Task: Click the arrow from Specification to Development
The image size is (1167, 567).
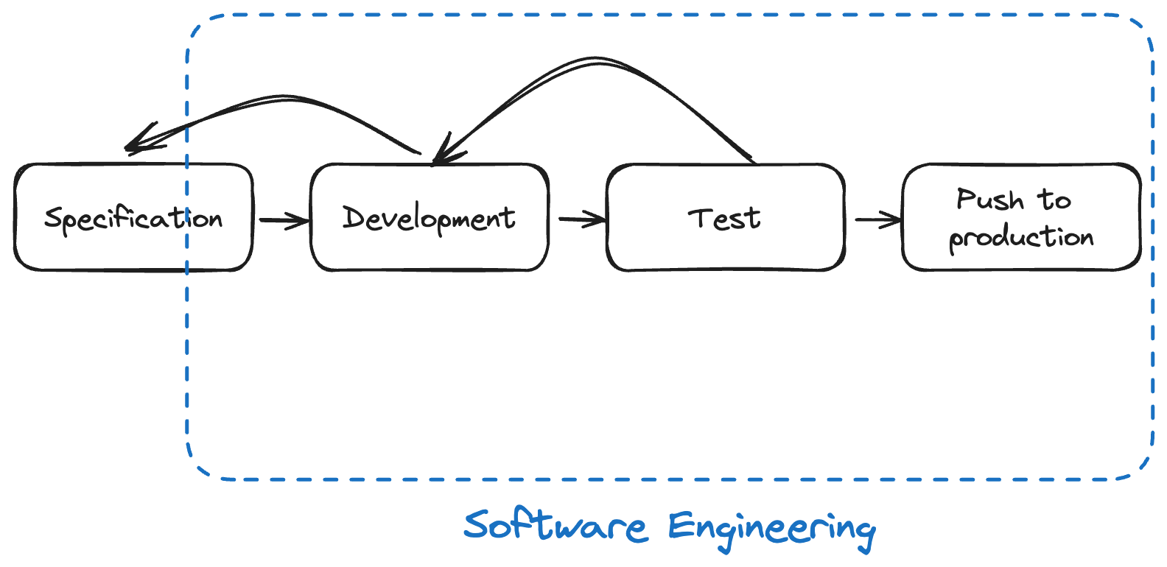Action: click(x=283, y=219)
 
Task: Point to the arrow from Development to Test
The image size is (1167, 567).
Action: click(x=581, y=219)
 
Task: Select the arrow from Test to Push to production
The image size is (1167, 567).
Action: click(x=877, y=219)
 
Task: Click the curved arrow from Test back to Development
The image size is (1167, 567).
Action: click(x=597, y=62)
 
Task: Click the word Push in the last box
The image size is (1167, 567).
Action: click(x=989, y=200)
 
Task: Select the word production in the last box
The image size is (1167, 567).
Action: click(x=1021, y=238)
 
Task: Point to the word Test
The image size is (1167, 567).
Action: click(x=724, y=218)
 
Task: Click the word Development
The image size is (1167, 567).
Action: click(x=429, y=218)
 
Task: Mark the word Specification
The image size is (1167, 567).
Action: click(x=133, y=219)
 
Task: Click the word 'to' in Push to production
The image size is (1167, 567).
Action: click(x=1054, y=200)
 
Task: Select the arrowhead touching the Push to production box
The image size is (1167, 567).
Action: click(x=894, y=219)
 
